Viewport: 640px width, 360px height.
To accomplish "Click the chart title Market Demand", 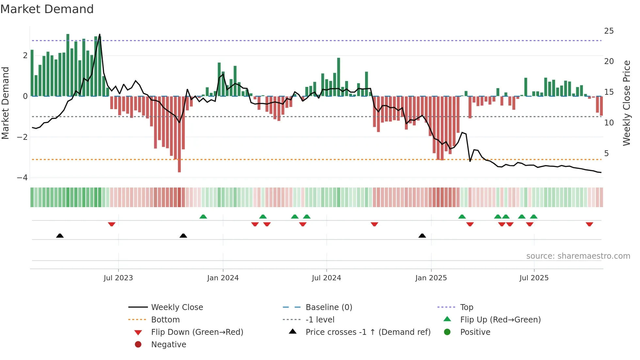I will click(x=47, y=9).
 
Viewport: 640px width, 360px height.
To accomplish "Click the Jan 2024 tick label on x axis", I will click(x=223, y=278).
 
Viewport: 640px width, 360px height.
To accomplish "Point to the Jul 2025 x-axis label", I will click(x=534, y=278).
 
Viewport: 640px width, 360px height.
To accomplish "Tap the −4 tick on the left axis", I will click(x=22, y=178).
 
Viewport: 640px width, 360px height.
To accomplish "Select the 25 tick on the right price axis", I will click(x=609, y=31).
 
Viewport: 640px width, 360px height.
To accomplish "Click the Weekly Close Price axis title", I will click(x=626, y=103).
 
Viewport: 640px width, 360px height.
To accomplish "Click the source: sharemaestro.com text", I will click(x=578, y=256).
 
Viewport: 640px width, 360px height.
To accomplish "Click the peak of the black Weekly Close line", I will click(x=100, y=34).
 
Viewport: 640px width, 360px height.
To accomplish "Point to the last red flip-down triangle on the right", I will click(x=589, y=224).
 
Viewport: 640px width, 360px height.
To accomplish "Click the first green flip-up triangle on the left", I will click(x=203, y=217).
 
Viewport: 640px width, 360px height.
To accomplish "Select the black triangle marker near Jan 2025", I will click(x=422, y=236).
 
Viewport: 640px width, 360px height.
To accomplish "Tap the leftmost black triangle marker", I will click(x=60, y=236).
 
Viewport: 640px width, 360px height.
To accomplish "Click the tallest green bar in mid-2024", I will click(x=339, y=77).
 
